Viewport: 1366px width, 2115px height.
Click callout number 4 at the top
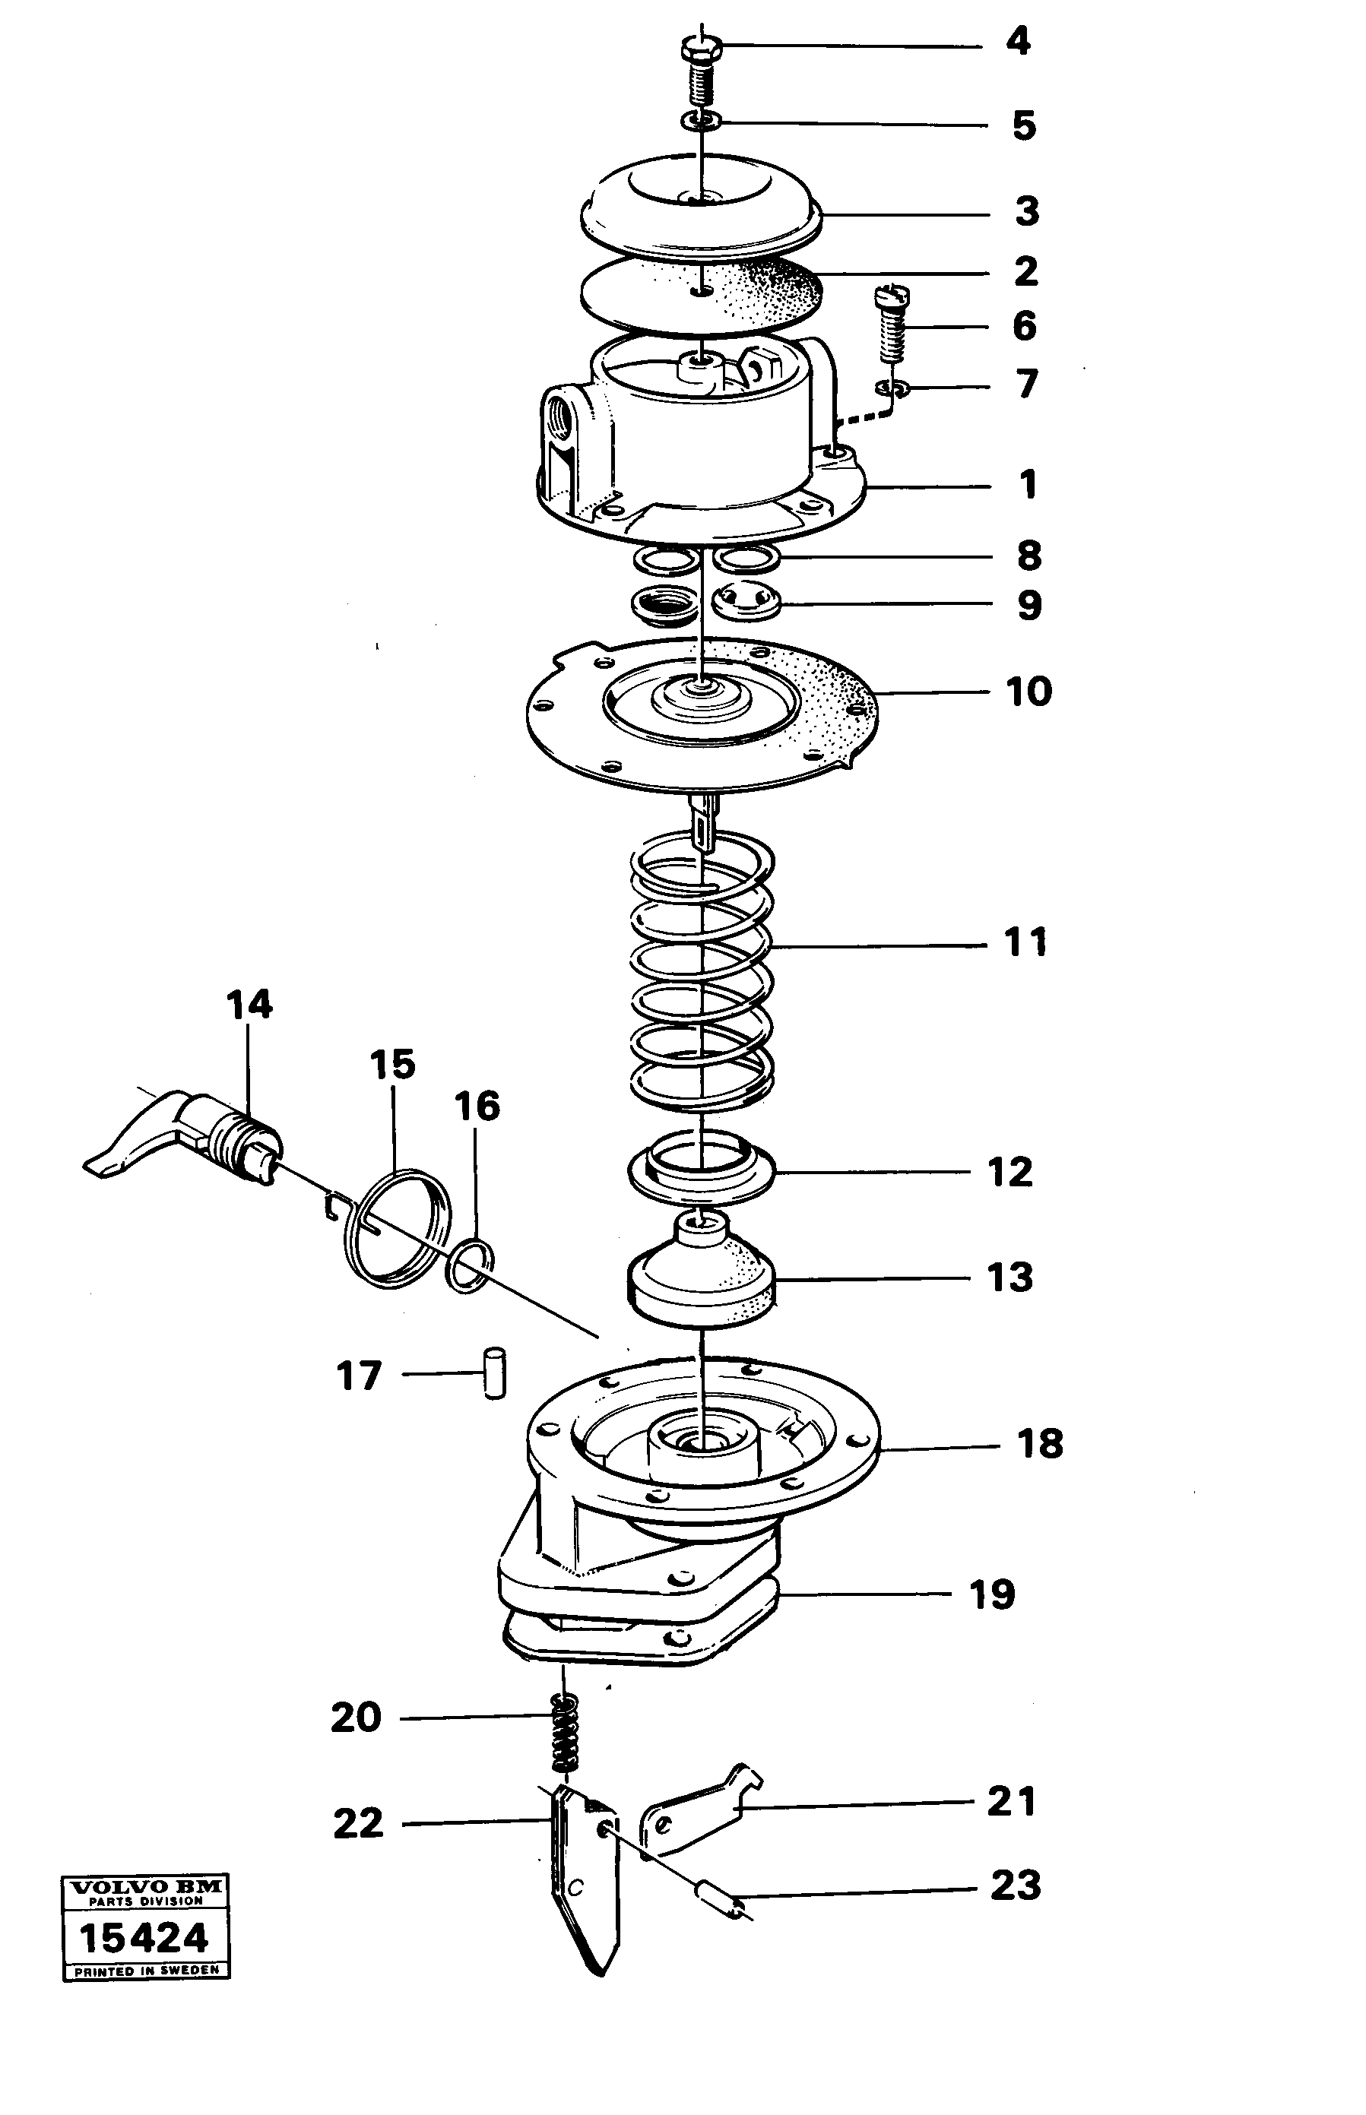[1017, 41]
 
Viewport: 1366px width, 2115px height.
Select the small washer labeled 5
[701, 120]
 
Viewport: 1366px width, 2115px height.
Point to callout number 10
[1028, 691]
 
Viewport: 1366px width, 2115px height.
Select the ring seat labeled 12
[701, 1173]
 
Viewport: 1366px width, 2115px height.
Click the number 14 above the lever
[249, 1005]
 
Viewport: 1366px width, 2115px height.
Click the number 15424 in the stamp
[144, 1939]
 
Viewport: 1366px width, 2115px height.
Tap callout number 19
[992, 1594]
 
